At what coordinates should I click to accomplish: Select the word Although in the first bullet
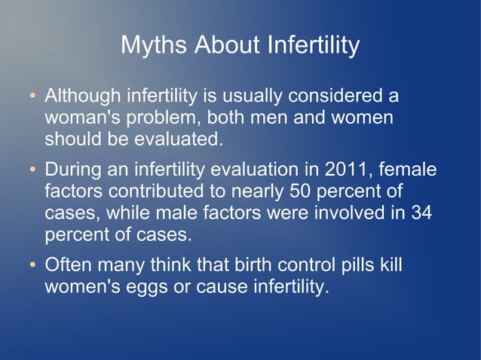[83, 96]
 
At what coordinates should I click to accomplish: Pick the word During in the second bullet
[73, 169]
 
